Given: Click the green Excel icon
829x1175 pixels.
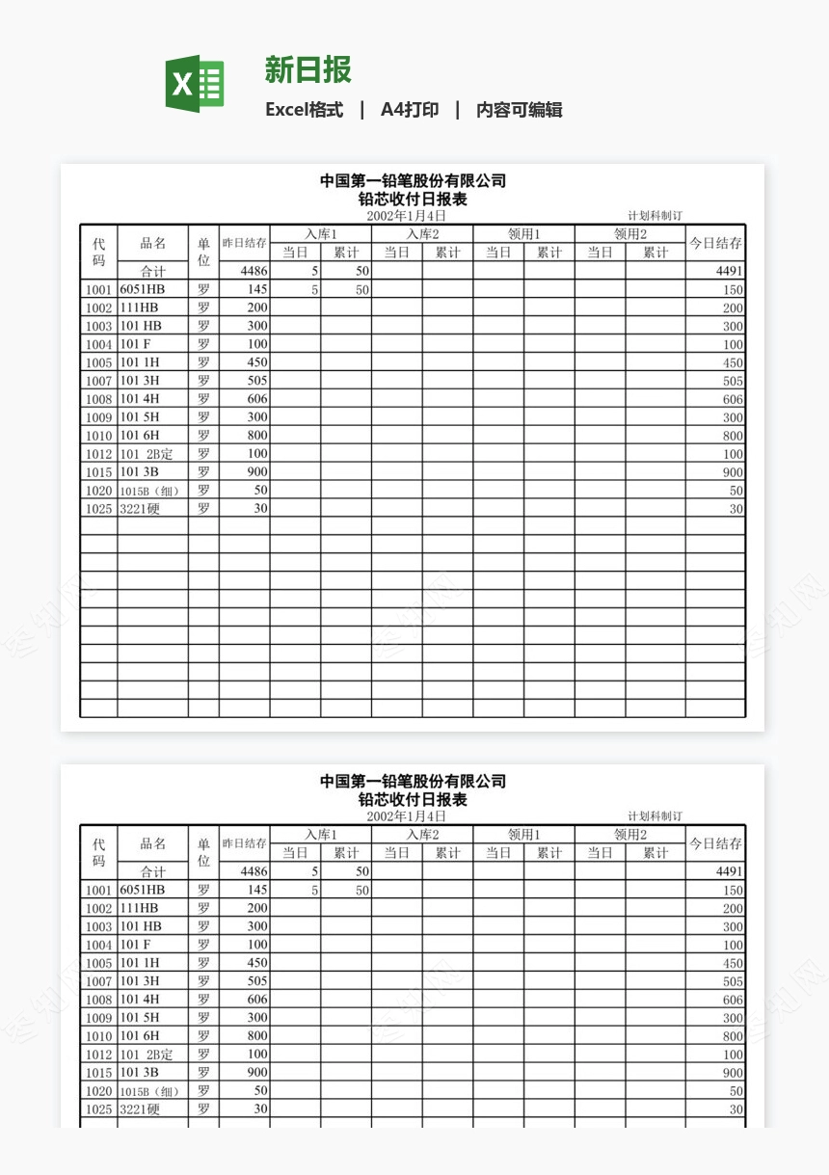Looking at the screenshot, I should pyautogui.click(x=195, y=84).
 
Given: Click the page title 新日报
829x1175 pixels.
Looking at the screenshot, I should pyautogui.click(x=308, y=69).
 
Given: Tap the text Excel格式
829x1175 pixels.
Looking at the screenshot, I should pyautogui.click(x=305, y=110).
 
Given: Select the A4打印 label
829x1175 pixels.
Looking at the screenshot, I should pyautogui.click(x=410, y=110).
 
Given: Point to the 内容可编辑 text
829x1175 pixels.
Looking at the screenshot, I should pyautogui.click(x=520, y=110).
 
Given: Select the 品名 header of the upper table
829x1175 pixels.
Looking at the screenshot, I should pyautogui.click(x=153, y=244).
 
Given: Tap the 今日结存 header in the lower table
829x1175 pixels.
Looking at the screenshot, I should pyautogui.click(x=715, y=844).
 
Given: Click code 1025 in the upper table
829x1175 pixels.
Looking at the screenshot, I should pyautogui.click(x=98, y=509).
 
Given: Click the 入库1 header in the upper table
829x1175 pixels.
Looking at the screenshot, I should pyautogui.click(x=321, y=234).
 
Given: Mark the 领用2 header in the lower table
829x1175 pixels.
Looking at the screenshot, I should pyautogui.click(x=630, y=835).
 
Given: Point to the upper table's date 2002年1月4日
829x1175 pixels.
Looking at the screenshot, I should pyautogui.click(x=406, y=216).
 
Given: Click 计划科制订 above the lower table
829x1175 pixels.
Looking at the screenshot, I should pyautogui.click(x=655, y=816).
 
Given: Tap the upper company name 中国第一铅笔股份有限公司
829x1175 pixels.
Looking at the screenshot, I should pyautogui.click(x=413, y=181).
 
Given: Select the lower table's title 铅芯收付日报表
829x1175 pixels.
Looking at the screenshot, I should pyautogui.click(x=413, y=800).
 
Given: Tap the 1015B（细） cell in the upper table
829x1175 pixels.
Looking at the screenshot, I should pyautogui.click(x=149, y=491).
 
